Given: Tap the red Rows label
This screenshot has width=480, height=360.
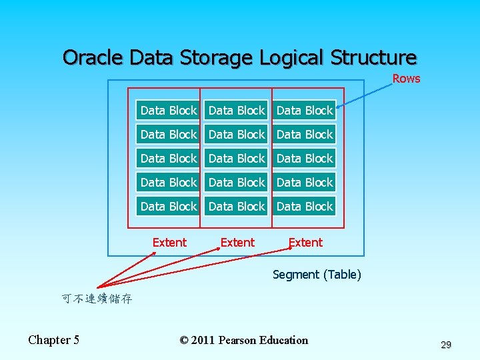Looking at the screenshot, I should [406, 79].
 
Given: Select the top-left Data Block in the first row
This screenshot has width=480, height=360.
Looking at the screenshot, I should [169, 111].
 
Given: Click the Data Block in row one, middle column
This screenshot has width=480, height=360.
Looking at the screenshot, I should [237, 111].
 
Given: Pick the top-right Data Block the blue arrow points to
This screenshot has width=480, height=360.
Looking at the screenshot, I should [305, 111].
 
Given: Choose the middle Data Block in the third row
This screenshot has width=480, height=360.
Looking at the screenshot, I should [237, 159].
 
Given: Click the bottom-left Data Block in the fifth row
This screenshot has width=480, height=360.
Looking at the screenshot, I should [169, 207].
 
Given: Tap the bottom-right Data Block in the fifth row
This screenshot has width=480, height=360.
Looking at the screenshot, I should [305, 207].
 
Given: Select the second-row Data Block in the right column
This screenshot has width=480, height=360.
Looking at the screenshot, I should [305, 135].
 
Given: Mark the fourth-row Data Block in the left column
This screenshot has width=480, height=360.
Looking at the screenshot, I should [169, 183].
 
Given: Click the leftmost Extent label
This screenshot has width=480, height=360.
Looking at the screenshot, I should [169, 243].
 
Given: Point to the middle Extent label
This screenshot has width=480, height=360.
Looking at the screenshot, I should [237, 243].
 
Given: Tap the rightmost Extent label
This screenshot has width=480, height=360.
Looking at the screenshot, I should [305, 243].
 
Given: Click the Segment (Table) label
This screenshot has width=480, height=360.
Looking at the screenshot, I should [317, 275].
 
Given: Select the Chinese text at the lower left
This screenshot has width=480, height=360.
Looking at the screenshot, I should [97, 299].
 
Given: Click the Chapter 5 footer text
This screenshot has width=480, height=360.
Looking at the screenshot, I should [53, 340].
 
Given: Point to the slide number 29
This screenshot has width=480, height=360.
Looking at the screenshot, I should [446, 345].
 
